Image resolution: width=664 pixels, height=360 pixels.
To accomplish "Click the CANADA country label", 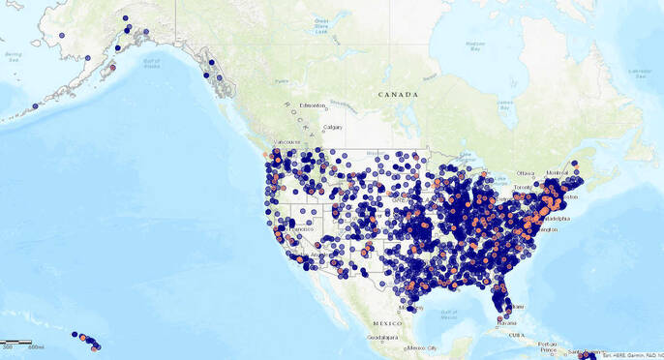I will point(398,95).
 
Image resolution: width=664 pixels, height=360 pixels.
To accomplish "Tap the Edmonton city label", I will point(314,105).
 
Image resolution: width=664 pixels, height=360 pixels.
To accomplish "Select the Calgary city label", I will point(333,127).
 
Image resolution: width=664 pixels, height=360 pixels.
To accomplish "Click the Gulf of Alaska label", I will point(150,64).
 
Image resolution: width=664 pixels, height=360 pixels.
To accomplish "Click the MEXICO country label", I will point(387,323).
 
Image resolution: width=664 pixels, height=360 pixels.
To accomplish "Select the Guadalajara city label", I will point(382,338).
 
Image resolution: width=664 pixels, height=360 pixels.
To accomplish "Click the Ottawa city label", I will point(526,173).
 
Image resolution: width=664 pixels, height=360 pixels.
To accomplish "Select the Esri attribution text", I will point(631,355).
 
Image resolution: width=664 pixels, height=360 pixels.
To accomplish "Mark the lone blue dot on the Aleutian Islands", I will point(35,106).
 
